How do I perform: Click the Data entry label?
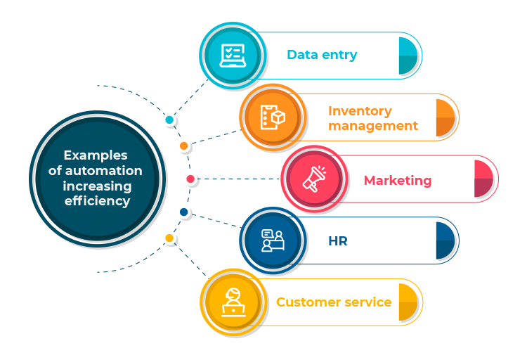tap(322, 55)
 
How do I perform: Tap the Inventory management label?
tap(372, 118)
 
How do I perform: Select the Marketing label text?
tap(397, 180)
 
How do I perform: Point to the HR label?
tap(337, 241)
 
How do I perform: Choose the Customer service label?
tap(333, 302)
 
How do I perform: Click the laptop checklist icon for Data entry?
tap(233, 55)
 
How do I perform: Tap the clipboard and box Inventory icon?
tap(273, 117)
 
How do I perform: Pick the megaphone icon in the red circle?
tap(314, 179)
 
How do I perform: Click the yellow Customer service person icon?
tap(233, 302)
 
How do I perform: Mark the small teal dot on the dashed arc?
tap(169, 120)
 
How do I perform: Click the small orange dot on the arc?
tap(183, 146)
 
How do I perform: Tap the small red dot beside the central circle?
tap(190, 179)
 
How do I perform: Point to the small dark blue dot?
tap(183, 212)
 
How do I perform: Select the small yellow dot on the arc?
tap(169, 238)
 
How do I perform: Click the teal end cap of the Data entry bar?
tap(409, 55)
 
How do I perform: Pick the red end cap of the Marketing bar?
tap(484, 179)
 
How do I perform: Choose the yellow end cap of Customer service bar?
tap(409, 302)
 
